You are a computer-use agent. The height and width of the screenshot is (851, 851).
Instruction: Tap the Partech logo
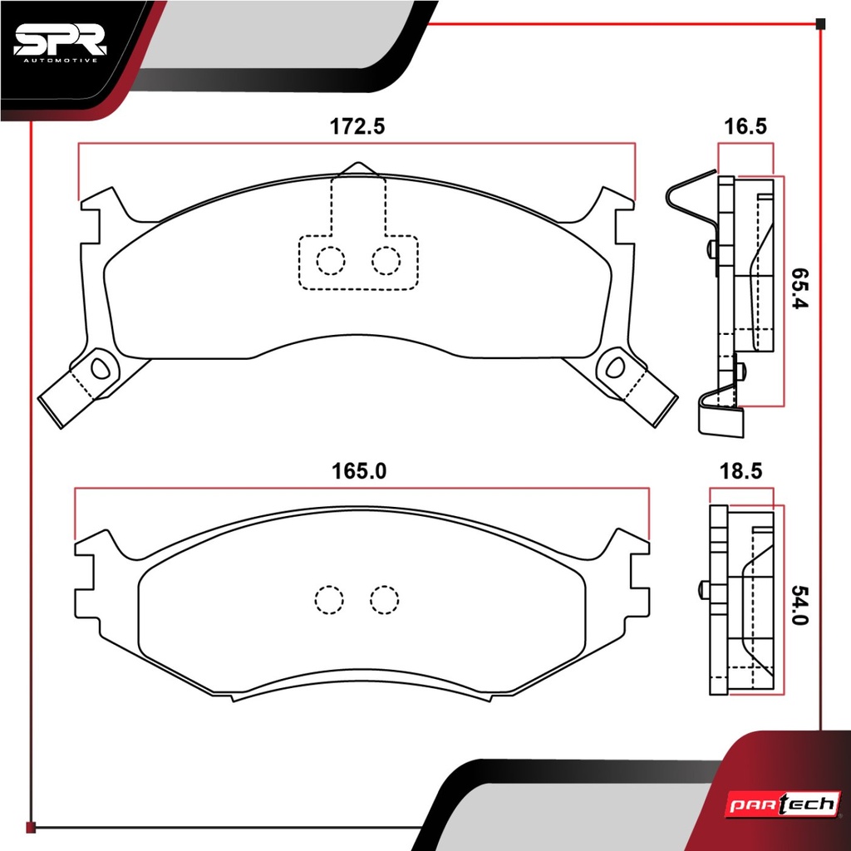pos(783,804)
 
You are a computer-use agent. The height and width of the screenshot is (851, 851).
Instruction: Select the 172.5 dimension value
pos(357,126)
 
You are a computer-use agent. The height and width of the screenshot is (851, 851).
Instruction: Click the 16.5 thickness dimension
pos(745,126)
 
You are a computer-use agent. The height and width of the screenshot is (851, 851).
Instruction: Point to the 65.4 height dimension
pos(799,288)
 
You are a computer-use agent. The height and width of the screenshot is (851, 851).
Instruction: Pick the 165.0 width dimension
pos(359,471)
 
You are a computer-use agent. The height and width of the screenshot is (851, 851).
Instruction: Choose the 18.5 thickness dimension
pos(740,471)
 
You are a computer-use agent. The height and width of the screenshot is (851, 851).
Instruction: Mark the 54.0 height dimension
pos(799,605)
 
